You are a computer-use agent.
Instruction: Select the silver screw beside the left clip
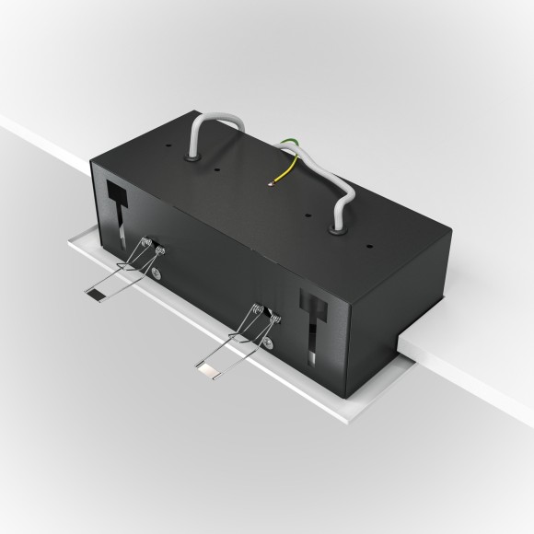[159, 275]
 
